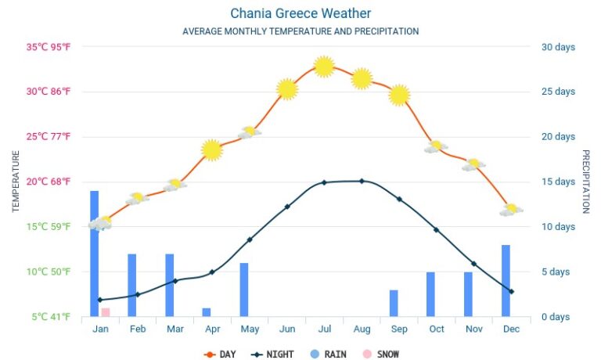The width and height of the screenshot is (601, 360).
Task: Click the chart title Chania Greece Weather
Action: click(x=300, y=13)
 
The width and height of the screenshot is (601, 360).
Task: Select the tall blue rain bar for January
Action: click(x=95, y=253)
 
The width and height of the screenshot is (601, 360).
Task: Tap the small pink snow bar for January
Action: click(x=105, y=312)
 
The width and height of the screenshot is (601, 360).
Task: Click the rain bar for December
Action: click(x=506, y=280)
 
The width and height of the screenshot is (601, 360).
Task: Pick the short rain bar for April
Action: click(x=207, y=312)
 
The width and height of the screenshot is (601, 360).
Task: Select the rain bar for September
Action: click(x=394, y=303)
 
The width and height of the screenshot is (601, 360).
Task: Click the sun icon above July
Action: click(x=324, y=67)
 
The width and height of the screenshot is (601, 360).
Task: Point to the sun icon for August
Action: click(x=362, y=78)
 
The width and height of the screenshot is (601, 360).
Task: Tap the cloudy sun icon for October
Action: click(x=436, y=146)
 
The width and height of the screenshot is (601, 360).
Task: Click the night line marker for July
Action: click(x=324, y=182)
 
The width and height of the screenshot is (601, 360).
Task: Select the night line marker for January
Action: click(x=100, y=300)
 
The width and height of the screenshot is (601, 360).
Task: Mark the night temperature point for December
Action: click(x=511, y=291)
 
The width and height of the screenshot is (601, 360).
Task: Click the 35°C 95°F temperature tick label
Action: click(x=49, y=47)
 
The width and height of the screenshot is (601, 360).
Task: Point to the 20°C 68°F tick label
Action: click(x=49, y=182)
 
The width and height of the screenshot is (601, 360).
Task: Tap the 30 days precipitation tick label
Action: click(x=558, y=47)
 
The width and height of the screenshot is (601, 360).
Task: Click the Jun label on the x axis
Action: click(x=287, y=329)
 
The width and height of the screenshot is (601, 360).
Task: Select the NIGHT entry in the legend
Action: click(x=273, y=355)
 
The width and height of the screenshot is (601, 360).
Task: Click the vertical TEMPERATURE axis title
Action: click(x=16, y=182)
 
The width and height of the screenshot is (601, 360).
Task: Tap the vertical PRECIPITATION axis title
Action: click(x=585, y=182)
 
